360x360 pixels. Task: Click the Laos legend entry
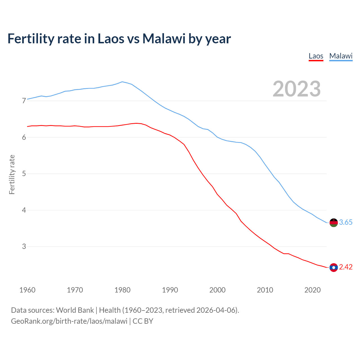(316, 56)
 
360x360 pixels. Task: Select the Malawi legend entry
(341, 56)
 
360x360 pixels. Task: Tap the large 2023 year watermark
(296, 89)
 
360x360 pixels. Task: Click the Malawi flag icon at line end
(334, 222)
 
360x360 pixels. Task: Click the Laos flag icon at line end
(334, 267)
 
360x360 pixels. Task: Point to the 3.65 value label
(346, 222)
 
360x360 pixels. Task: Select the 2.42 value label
(346, 267)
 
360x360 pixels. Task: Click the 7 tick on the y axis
(24, 101)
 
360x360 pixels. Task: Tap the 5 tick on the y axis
(24, 174)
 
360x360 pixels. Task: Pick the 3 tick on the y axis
(24, 246)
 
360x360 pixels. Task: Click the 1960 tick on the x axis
(27, 290)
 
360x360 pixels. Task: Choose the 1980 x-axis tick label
(122, 290)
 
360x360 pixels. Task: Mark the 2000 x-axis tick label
(217, 290)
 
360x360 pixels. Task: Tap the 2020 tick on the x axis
(312, 290)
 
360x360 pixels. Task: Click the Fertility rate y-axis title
(12, 174)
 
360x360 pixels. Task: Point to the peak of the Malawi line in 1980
(122, 82)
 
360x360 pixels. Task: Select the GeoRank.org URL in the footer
(69, 321)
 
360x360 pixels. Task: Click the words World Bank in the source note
(75, 310)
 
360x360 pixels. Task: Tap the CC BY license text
(143, 321)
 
